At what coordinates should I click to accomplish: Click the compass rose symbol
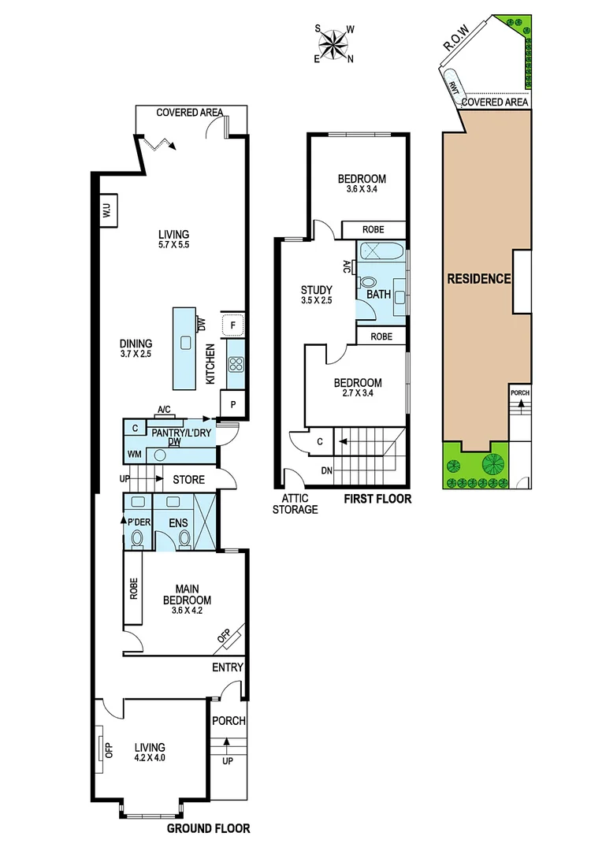[335, 43]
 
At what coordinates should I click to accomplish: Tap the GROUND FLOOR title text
[209, 828]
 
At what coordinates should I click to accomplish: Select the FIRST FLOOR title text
[377, 499]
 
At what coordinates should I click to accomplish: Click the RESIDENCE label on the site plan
[479, 278]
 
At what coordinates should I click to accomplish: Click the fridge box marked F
[234, 325]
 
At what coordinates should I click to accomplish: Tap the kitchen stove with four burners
[235, 364]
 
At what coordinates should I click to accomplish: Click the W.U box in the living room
[107, 211]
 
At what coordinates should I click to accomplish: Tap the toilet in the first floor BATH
[367, 282]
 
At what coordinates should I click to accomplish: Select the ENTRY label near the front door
[228, 667]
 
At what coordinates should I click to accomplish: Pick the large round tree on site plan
[495, 463]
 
